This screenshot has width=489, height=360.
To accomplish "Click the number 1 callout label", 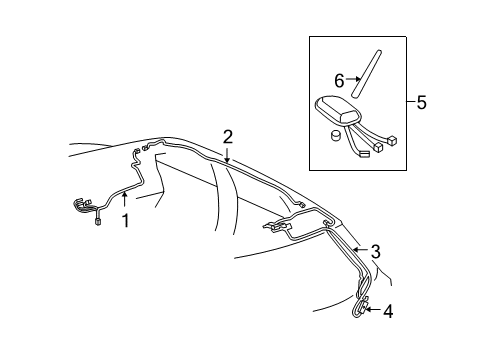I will pos(126,221).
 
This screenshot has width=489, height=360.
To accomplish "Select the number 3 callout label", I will pos(375,253).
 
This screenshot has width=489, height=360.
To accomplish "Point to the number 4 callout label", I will pos(388,310).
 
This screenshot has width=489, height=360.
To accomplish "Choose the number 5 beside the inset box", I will pos(422,102).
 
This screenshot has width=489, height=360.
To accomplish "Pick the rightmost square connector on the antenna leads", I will pos(395,139).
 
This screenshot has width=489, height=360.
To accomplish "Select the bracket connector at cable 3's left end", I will pos(275,229).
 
